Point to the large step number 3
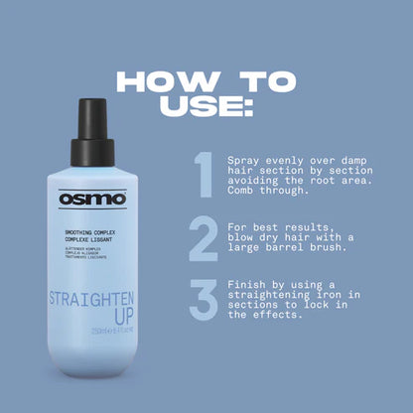pos(203,301)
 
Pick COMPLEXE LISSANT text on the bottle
pos(86,239)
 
